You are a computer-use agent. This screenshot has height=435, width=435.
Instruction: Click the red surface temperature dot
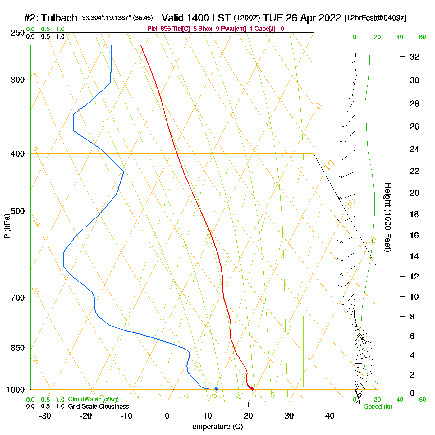[252, 389]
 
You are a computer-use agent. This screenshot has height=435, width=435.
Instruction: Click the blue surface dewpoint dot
[216, 389]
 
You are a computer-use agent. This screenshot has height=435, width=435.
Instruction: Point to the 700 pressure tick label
[17, 298]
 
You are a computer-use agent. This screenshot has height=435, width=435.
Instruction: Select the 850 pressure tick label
[17, 348]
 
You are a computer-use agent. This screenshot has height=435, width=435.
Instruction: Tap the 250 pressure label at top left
[17, 33]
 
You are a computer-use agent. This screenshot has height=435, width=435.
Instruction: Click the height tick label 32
[414, 57]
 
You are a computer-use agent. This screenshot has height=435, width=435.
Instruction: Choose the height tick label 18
[414, 214]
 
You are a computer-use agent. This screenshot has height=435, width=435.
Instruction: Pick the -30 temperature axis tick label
[45, 416]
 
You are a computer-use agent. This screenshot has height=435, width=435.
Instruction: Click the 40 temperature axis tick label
[330, 416]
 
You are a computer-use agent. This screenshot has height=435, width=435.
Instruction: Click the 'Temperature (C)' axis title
[215, 427]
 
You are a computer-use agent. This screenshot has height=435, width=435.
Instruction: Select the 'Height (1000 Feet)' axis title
[388, 217]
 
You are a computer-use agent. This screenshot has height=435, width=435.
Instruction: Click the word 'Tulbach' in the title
[59, 18]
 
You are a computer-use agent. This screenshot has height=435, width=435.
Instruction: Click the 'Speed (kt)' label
[378, 407]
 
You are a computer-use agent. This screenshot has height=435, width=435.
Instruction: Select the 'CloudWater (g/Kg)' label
[93, 399]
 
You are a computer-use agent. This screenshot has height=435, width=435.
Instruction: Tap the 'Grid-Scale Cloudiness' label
[98, 406]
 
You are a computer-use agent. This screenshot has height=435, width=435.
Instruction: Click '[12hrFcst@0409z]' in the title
[375, 18]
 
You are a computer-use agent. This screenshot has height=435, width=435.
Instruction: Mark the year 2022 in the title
[329, 18]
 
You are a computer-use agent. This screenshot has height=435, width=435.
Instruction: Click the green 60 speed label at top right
[422, 37]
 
